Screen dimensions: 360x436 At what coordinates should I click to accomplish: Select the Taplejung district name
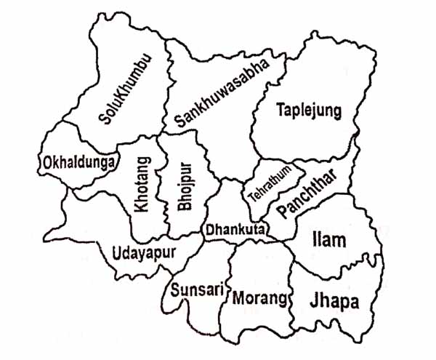308,111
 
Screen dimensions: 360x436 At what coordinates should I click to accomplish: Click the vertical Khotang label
142,185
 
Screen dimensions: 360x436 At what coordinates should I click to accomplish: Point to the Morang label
260,297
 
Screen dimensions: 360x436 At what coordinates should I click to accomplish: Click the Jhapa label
334,300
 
